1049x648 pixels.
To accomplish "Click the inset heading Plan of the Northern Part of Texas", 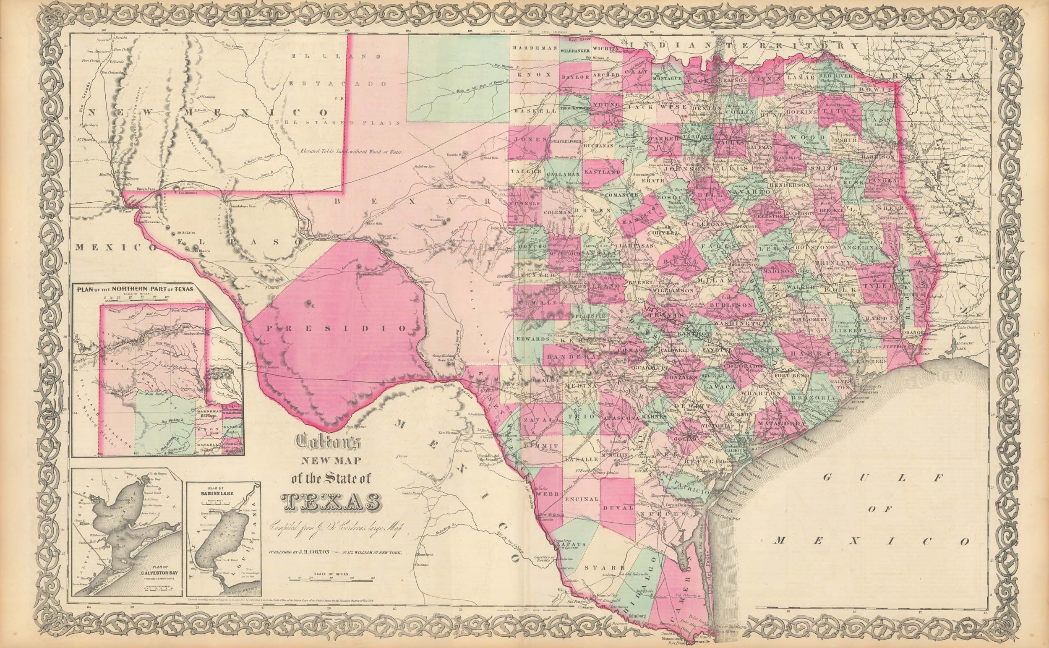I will coord(136,288).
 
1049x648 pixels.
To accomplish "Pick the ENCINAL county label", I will coord(581,500).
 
